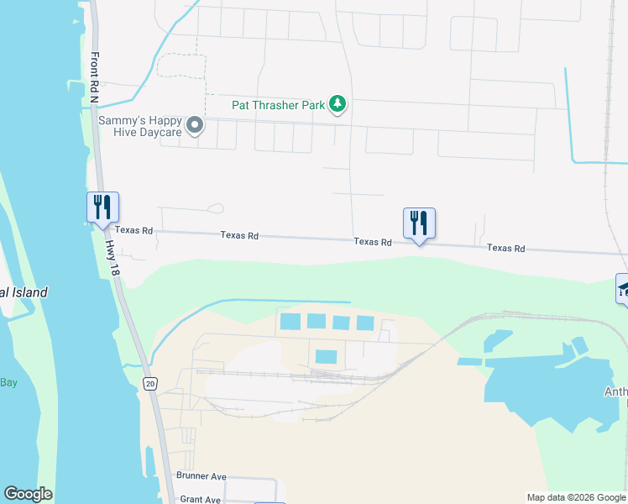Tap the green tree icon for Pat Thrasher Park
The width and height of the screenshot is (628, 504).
click(338, 104)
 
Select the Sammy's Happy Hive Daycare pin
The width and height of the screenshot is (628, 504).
click(195, 127)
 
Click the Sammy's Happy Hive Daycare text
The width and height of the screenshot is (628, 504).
click(140, 127)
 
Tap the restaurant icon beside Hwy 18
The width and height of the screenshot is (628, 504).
click(102, 207)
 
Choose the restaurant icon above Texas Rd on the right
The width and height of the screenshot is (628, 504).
click(419, 223)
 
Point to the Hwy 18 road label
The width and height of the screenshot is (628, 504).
click(112, 255)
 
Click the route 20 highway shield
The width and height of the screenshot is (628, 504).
click(149, 384)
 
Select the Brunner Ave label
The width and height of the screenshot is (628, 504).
click(201, 476)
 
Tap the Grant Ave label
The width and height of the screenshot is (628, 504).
click(200, 499)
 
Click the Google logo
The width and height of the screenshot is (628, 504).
click(28, 494)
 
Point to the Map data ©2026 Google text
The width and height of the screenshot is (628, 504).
click(575, 497)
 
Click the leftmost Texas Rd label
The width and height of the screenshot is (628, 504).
click(134, 230)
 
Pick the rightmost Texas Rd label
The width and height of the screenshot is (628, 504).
click(506, 249)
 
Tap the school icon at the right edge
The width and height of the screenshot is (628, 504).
click(623, 290)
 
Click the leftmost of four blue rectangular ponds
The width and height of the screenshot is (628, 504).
click(289, 321)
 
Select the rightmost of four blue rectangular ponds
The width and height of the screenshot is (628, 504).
click(365, 323)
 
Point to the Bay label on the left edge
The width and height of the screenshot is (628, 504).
click(8, 382)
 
